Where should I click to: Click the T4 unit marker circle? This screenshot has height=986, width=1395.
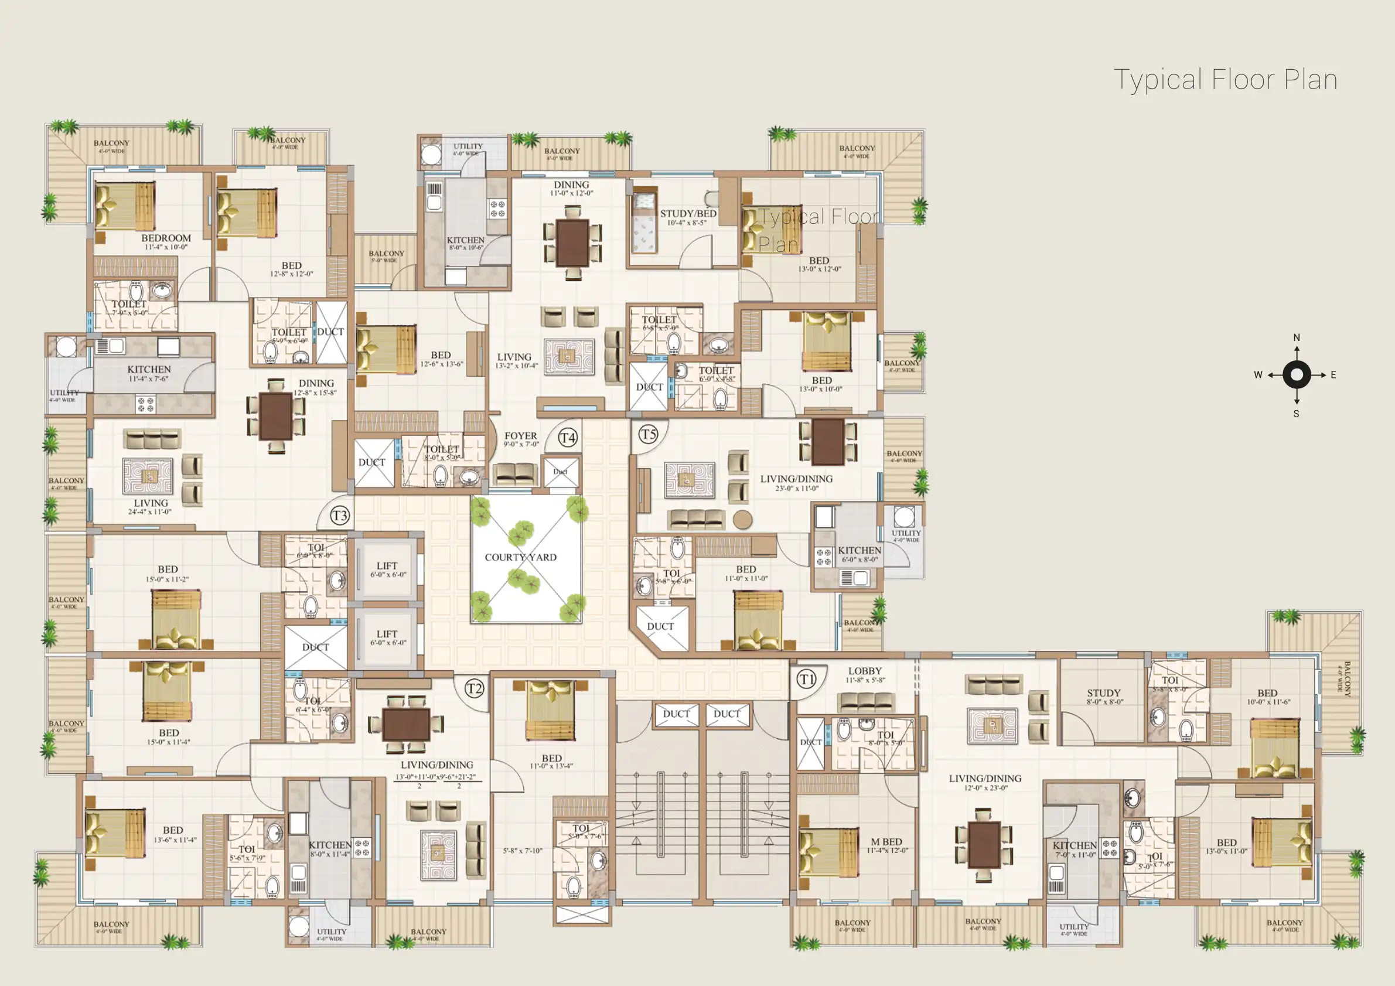[x=568, y=438]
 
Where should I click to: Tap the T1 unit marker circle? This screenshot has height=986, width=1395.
[x=806, y=679]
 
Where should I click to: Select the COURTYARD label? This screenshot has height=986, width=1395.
[x=520, y=557]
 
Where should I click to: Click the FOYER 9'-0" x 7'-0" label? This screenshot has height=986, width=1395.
[x=521, y=439]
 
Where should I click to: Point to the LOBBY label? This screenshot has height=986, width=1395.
[x=865, y=671]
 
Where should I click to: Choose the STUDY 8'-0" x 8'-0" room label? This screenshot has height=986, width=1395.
[x=1104, y=696]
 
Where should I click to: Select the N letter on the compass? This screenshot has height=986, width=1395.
[x=1297, y=338]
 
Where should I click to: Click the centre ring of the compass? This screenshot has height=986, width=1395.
[x=1297, y=375]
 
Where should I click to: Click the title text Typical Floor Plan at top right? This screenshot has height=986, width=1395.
[x=1225, y=80]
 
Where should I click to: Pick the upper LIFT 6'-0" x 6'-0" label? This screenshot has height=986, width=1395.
[x=387, y=569]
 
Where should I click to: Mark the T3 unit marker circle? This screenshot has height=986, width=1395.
[x=340, y=516]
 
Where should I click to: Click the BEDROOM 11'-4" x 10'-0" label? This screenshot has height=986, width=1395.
[x=166, y=242]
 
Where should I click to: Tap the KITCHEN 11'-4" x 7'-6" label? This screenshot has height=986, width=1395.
[x=149, y=373]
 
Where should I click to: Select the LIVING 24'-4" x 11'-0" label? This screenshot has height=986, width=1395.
[x=150, y=507]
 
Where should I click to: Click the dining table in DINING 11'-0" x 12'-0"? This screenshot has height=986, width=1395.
[x=572, y=243]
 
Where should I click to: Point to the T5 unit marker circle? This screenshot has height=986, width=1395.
[x=649, y=434]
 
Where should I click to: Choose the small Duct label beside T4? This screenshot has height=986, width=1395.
[x=560, y=472]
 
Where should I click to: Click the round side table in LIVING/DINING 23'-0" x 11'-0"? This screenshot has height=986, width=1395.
[x=742, y=520]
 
